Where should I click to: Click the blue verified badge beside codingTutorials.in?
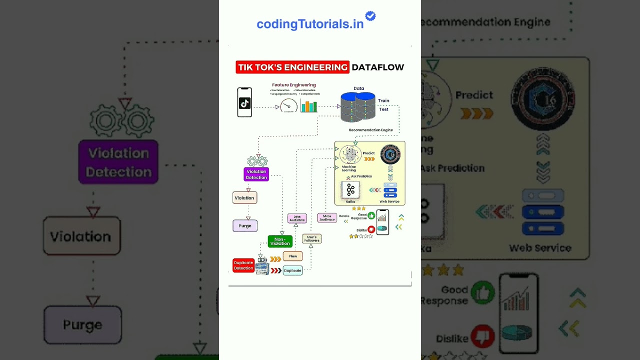click(370, 16)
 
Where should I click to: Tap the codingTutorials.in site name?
click(310, 24)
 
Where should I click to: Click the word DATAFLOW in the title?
click(377, 67)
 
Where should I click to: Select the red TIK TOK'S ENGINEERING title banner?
click(292, 67)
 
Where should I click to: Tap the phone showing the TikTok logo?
click(244, 102)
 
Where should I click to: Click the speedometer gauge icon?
click(288, 105)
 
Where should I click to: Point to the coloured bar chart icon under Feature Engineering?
click(309, 106)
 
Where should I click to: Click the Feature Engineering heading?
click(294, 85)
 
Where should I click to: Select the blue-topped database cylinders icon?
click(358, 106)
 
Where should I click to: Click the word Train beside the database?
click(383, 100)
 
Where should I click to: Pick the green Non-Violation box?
click(280, 241)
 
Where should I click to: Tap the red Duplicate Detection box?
click(243, 265)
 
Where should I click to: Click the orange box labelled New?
click(293, 256)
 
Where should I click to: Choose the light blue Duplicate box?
click(292, 270)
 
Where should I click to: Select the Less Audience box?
click(297, 218)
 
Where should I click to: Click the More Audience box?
click(327, 218)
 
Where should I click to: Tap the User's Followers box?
click(311, 239)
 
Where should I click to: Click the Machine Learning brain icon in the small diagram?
click(350, 155)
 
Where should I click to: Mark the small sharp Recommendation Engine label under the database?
click(370, 130)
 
